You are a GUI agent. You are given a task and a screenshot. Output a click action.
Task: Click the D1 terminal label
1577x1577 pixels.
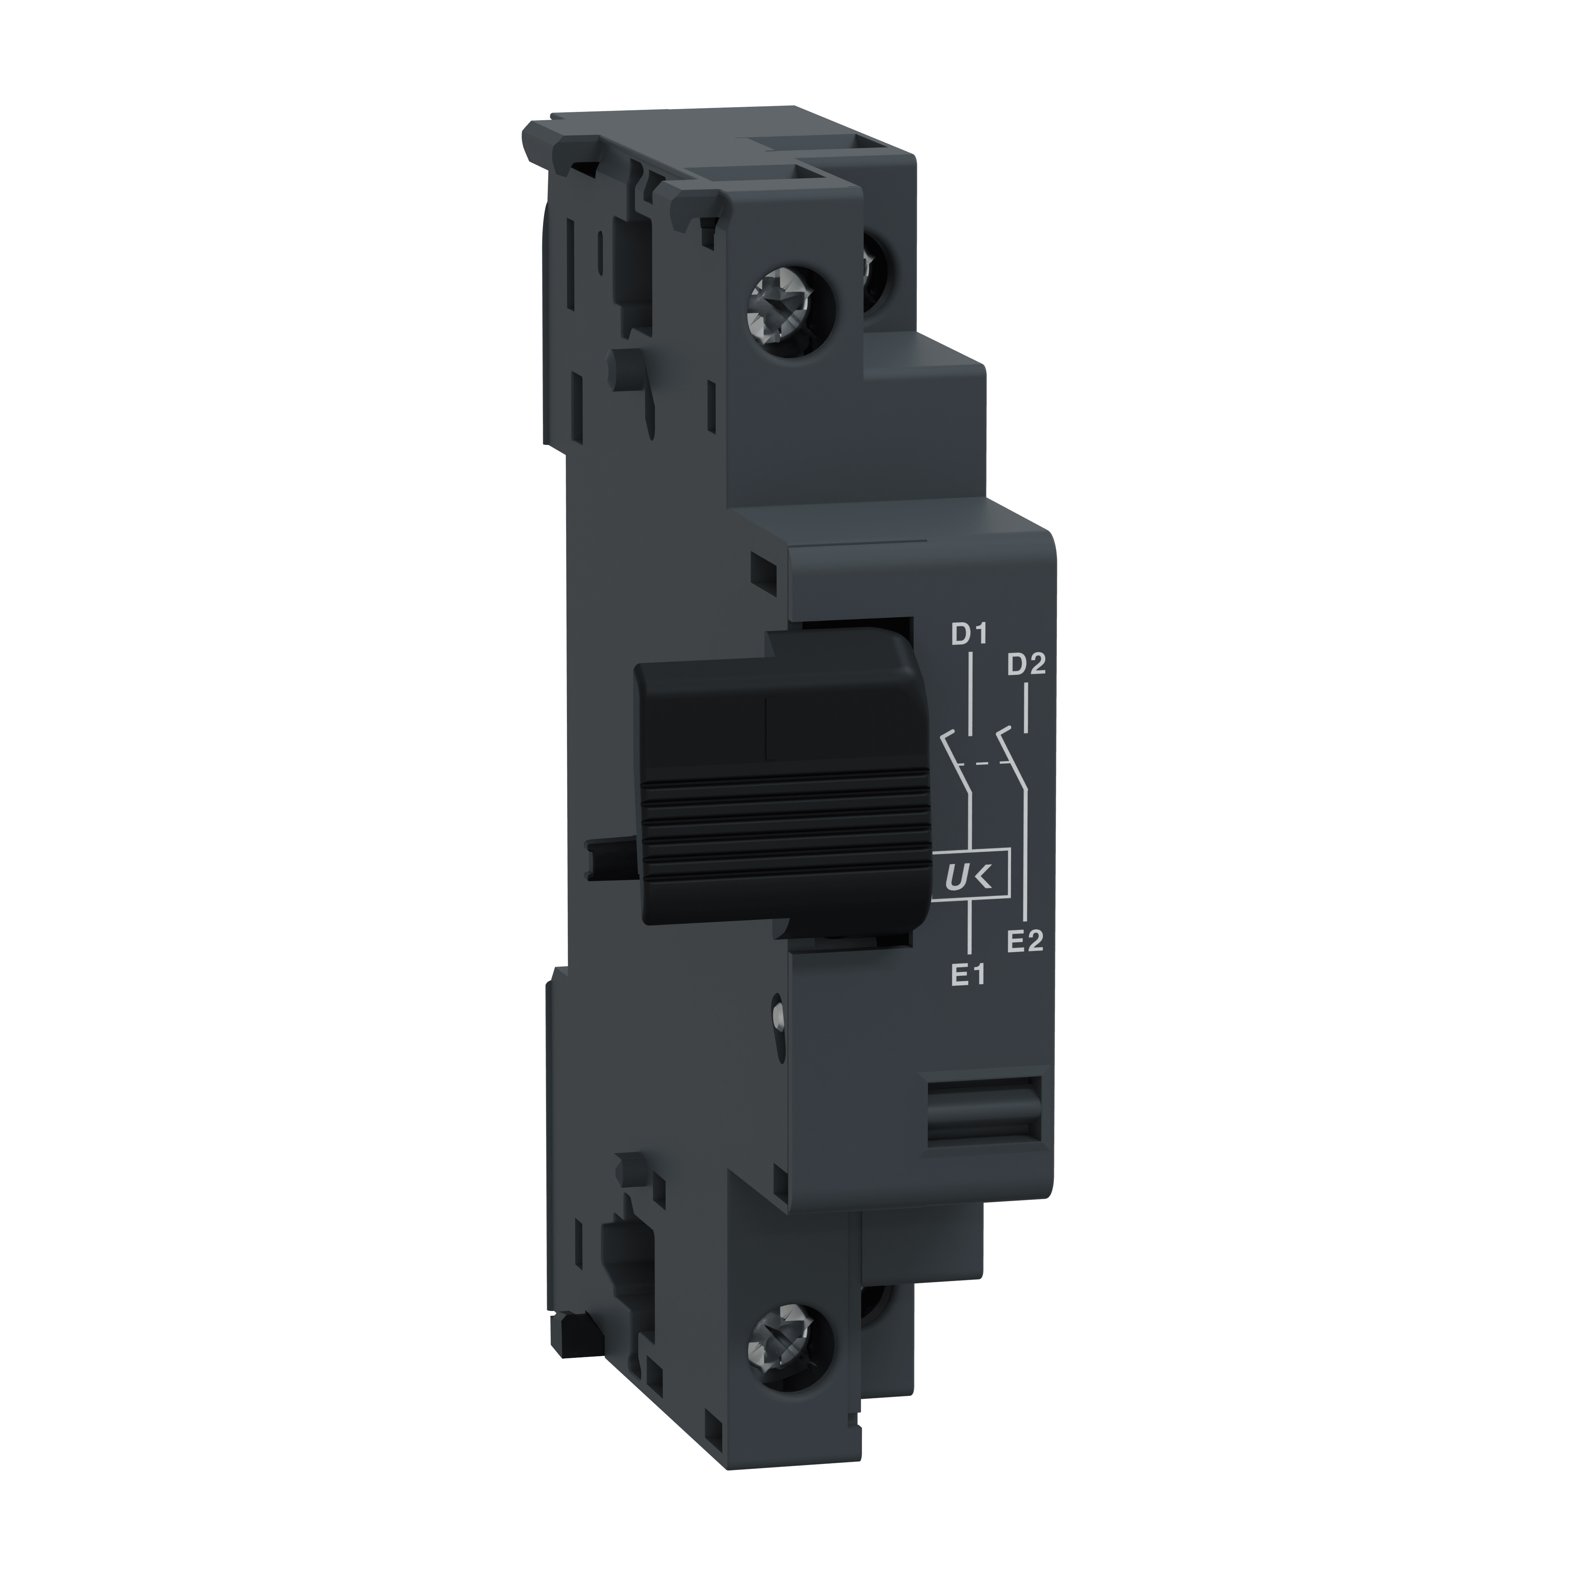point(969,634)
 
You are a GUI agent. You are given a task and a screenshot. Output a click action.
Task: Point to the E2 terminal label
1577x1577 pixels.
point(1025,941)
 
